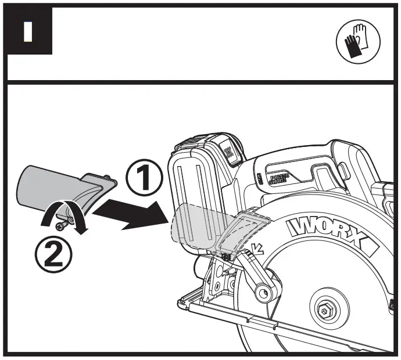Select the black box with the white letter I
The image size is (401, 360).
click(28, 33)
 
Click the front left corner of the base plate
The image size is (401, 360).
click(182, 301)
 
